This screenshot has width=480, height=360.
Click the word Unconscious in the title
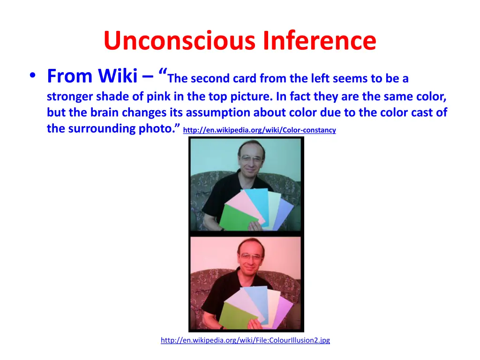(x=180, y=41)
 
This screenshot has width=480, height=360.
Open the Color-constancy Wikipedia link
(x=259, y=130)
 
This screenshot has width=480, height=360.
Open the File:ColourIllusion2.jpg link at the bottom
(x=245, y=340)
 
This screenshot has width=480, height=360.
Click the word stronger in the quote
(x=70, y=97)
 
